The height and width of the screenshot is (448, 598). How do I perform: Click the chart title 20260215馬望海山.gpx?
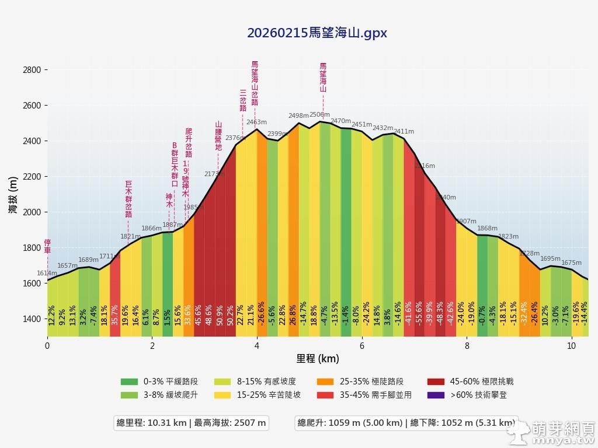point(317,33)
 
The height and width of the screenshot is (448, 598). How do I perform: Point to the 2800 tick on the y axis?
point(32,70)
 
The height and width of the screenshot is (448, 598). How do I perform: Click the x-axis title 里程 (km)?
point(317,358)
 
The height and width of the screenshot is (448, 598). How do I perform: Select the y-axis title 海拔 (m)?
point(13,194)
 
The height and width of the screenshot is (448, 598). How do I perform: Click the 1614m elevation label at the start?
point(47,274)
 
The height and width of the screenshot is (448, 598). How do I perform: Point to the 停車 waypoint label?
point(47,246)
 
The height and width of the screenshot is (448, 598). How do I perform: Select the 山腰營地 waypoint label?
point(218,136)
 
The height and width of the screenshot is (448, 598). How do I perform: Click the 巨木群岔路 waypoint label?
point(128,199)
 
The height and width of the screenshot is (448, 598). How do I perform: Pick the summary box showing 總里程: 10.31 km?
point(191,423)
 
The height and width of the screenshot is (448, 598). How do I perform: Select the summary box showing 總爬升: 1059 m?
point(406,423)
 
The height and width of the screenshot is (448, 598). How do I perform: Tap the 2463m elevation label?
point(256,123)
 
